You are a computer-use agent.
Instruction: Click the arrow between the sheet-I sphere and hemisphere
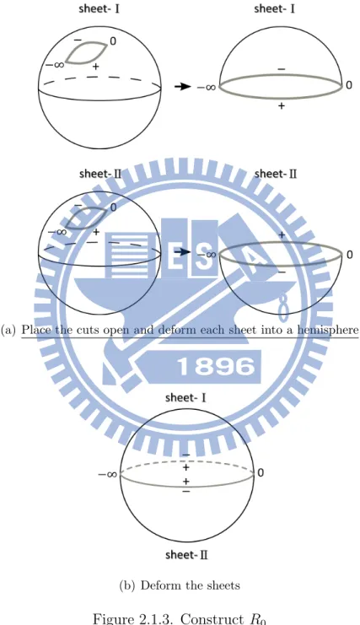(183, 86)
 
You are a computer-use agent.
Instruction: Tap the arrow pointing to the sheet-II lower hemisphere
(183, 252)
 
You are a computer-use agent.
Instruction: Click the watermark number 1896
(216, 366)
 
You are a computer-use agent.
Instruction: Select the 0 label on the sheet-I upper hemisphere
(349, 85)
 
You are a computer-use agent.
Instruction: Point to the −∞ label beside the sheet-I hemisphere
(207, 87)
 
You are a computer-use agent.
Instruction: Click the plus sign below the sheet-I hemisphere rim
(282, 105)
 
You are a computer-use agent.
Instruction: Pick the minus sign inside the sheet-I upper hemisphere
(281, 69)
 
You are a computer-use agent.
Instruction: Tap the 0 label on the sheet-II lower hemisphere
(349, 255)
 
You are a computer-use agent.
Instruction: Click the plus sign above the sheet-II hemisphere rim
(282, 234)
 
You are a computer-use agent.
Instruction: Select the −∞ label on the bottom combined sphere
(108, 474)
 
